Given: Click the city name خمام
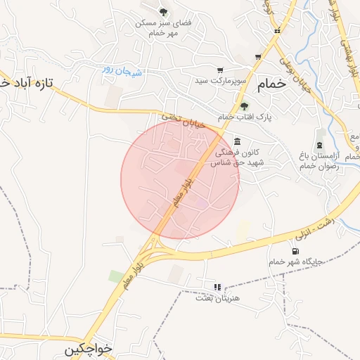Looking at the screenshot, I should coord(273,83).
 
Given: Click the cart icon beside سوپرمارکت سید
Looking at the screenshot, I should coord(220,70).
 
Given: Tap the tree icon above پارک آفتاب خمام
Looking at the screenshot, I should coord(244,106).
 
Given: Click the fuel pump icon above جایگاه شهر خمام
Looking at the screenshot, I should coord(293,251).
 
